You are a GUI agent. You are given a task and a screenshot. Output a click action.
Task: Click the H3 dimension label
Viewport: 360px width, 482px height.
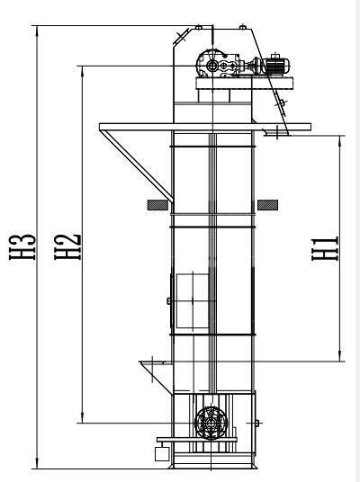click(22, 246)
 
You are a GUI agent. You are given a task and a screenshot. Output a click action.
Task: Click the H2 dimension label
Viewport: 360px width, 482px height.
click(67, 246)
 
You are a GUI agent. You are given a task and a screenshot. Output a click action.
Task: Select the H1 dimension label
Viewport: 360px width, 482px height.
click(325, 248)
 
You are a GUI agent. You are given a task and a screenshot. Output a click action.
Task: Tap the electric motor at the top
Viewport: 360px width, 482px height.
click(275, 65)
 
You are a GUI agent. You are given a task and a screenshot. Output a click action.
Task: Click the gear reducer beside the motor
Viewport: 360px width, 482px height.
click(218, 64)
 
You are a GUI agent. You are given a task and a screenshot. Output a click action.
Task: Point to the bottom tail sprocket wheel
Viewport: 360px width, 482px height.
click(211, 423)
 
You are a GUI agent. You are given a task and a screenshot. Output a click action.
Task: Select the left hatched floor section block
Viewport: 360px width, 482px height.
click(157, 205)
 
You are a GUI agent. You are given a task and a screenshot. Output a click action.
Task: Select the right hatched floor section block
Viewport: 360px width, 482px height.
click(267, 205)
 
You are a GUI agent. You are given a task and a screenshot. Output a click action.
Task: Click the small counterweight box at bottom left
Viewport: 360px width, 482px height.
click(162, 454)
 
